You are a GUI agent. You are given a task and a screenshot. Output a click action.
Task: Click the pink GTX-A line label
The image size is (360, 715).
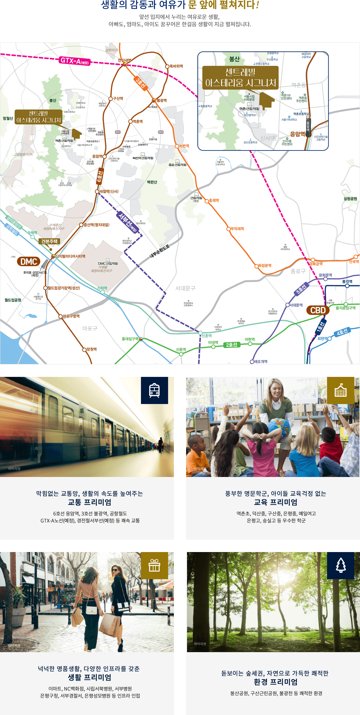pyautogui.click(x=75, y=61)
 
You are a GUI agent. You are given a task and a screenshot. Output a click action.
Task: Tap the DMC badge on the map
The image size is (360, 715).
pyautogui.click(x=29, y=262)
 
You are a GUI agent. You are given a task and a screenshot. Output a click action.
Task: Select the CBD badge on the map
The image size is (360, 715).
pyautogui.click(x=318, y=310)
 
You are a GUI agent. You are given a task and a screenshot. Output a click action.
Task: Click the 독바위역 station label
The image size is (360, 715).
pyautogui.click(x=176, y=66)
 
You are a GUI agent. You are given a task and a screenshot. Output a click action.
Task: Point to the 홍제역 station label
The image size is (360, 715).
pyautogui.click(x=214, y=200)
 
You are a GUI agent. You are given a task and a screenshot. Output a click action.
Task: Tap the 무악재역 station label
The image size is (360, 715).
pyautogui.click(x=237, y=229)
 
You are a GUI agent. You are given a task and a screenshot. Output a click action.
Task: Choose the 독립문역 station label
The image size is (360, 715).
pyautogui.click(x=265, y=265)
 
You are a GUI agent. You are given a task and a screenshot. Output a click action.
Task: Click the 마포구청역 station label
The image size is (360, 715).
pyautogui.click(x=71, y=316)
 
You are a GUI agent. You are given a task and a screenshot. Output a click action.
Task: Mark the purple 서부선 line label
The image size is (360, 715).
pyautogui.click(x=128, y=222)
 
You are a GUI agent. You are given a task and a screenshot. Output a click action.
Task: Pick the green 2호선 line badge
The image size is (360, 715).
pyautogui.click(x=232, y=345)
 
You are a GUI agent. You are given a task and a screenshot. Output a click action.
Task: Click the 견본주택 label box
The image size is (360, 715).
pyautogui.click(x=49, y=241)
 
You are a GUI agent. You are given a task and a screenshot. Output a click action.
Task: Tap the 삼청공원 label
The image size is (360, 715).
pyautogui.click(x=350, y=199)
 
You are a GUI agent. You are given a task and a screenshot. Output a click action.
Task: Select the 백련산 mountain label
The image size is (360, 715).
pyautogui.click(x=152, y=182)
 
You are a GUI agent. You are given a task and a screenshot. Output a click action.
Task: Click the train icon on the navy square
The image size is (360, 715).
pyautogui.click(x=154, y=390)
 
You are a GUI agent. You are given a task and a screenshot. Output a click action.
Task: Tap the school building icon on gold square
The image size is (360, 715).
pyautogui.click(x=340, y=390)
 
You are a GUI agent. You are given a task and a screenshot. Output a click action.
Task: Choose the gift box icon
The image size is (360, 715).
pyautogui.click(x=154, y=565)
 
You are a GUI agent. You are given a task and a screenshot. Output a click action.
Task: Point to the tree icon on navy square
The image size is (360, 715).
pyautogui.click(x=340, y=565)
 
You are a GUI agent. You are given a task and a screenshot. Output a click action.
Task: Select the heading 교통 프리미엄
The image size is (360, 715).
pyautogui.click(x=89, y=502)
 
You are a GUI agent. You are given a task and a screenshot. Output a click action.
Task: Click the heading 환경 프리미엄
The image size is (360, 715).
pyautogui.click(x=275, y=682)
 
